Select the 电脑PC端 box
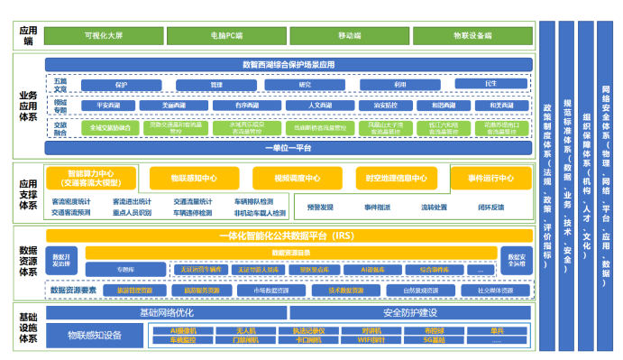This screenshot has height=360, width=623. tap(224, 35)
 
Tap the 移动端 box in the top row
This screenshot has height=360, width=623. tap(348, 35)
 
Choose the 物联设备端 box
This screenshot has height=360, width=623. tap(472, 35)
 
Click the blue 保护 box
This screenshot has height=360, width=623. tap(121, 84)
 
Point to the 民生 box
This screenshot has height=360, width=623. tap(490, 84)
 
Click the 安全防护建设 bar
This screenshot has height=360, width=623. tap(409, 312)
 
